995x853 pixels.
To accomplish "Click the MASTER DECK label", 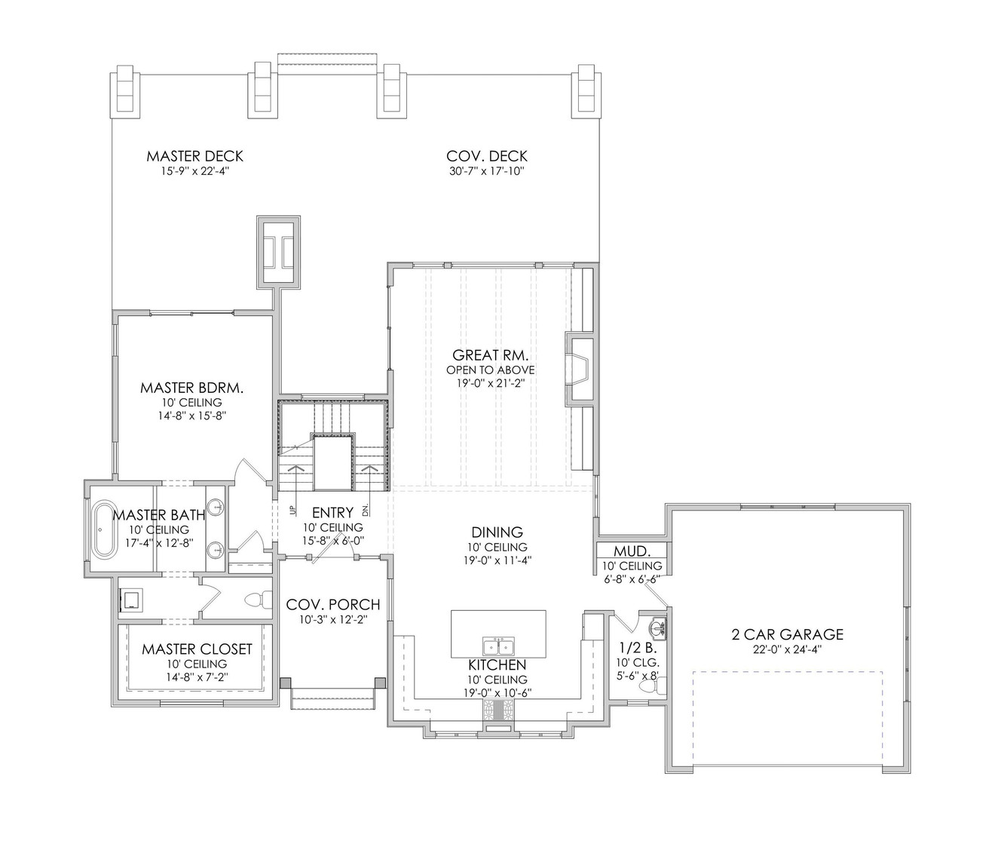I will point(194,156).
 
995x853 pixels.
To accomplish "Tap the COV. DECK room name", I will point(486,156).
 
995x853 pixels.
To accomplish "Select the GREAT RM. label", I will point(490,354).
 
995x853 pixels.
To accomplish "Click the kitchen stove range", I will point(497,710).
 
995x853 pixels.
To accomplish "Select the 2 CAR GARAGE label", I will point(787,634).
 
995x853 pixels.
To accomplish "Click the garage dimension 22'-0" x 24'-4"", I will point(787,649).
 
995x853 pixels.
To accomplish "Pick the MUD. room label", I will point(632,551).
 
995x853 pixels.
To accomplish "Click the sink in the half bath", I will point(657,627).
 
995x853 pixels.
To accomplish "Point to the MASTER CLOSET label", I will point(197,649).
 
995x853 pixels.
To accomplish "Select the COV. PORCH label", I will point(332,605).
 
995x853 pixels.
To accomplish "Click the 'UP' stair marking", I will point(291,511).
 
